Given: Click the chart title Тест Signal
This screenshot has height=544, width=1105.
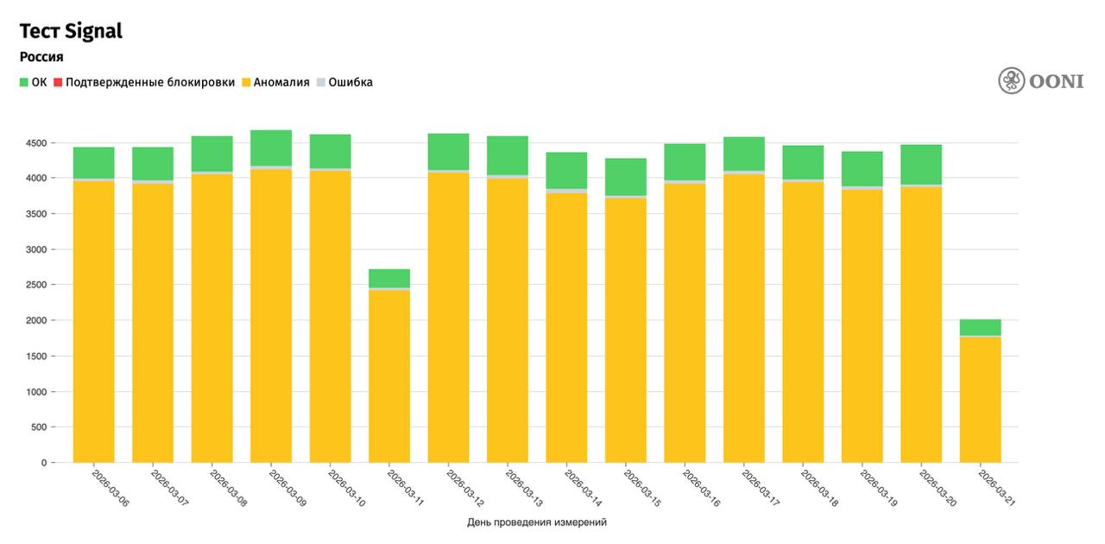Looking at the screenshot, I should pos(71,31).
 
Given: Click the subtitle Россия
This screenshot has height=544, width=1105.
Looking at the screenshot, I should pos(41,57).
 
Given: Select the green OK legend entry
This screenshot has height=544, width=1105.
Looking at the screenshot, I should pos(34,83).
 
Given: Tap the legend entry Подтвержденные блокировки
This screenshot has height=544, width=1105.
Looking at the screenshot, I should pos(145,83).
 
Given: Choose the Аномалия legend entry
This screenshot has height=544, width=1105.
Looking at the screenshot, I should pos(275,83).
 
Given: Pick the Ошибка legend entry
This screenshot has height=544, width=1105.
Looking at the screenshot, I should pos(345,83).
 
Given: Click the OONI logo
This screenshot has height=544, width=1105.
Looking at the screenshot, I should pos(1040,81).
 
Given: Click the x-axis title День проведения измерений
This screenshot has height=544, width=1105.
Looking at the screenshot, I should pos(537,522).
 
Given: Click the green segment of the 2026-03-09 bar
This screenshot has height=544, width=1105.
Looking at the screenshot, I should pos(271,148).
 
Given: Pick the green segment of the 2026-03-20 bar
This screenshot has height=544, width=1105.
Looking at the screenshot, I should pos(921,164).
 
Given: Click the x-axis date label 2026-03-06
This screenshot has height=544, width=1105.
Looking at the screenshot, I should pos(110,488).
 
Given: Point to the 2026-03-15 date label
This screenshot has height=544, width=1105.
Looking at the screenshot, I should pos(642,488).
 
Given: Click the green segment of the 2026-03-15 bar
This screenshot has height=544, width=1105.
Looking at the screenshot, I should pos(626,177).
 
